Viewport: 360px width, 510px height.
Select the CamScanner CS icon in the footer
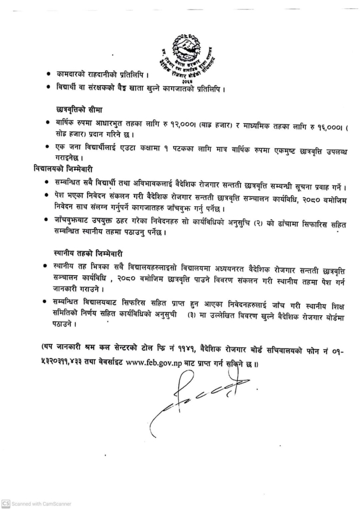click(x=6, y=504)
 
